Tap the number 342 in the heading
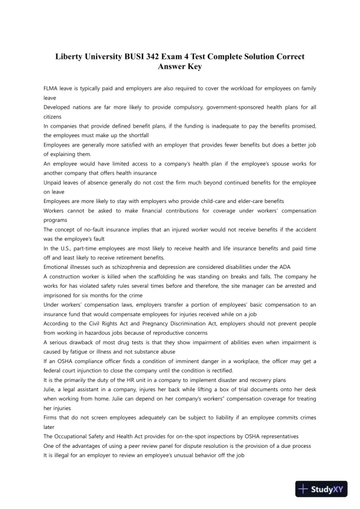pyautogui.click(x=155, y=56)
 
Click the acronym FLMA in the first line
pyautogui.click(x=52, y=89)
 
